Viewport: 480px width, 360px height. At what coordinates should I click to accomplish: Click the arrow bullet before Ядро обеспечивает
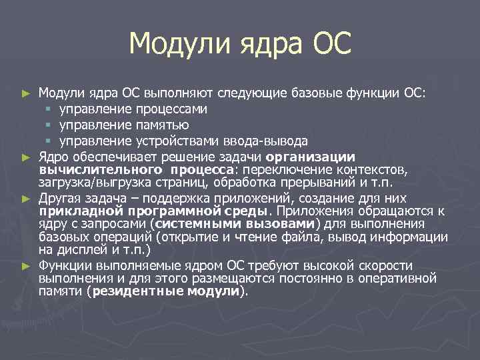click(26, 157)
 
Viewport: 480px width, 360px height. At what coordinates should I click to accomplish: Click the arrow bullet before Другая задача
click(26, 198)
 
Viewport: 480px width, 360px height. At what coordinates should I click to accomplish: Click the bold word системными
click(193, 223)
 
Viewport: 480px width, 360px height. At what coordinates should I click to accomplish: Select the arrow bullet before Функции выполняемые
click(26, 265)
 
